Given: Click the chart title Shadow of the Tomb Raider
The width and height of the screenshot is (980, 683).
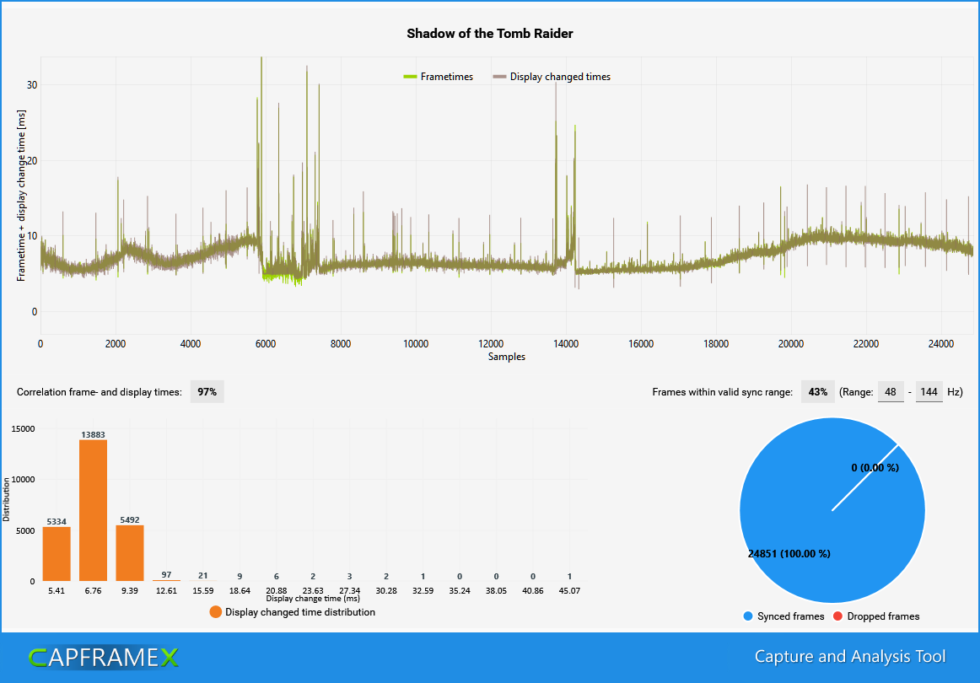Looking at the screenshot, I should point(489,34).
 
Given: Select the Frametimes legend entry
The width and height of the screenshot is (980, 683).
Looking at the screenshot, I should point(439,77).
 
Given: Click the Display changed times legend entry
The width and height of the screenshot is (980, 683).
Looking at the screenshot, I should point(552,77).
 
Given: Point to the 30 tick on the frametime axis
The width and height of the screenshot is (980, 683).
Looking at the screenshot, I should point(32,85).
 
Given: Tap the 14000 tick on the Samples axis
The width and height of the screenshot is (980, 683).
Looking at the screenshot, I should point(565,344).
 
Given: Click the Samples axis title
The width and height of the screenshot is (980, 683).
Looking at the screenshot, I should point(506,357).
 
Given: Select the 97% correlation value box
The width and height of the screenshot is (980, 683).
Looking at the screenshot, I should point(207,392).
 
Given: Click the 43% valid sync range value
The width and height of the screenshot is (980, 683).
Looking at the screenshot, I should point(816,392).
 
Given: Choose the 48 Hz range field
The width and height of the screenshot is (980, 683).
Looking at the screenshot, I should point(891,392).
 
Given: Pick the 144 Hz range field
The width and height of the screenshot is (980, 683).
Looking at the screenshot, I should point(929,392).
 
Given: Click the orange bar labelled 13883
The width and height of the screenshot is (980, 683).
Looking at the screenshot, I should point(93,510).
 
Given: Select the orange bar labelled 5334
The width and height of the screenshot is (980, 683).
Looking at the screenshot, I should point(57,554).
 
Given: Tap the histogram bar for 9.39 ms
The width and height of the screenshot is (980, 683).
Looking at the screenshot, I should point(129,553).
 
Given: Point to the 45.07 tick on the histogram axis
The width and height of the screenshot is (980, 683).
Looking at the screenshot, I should point(569,591).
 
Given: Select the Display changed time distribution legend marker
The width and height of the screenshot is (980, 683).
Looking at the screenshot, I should point(217,612).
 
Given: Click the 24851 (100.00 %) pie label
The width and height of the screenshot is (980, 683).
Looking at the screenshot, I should point(789,554).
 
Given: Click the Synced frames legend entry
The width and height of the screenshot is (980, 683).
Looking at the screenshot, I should point(783,616).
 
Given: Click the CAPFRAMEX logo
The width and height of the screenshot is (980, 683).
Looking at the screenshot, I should point(104,657).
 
